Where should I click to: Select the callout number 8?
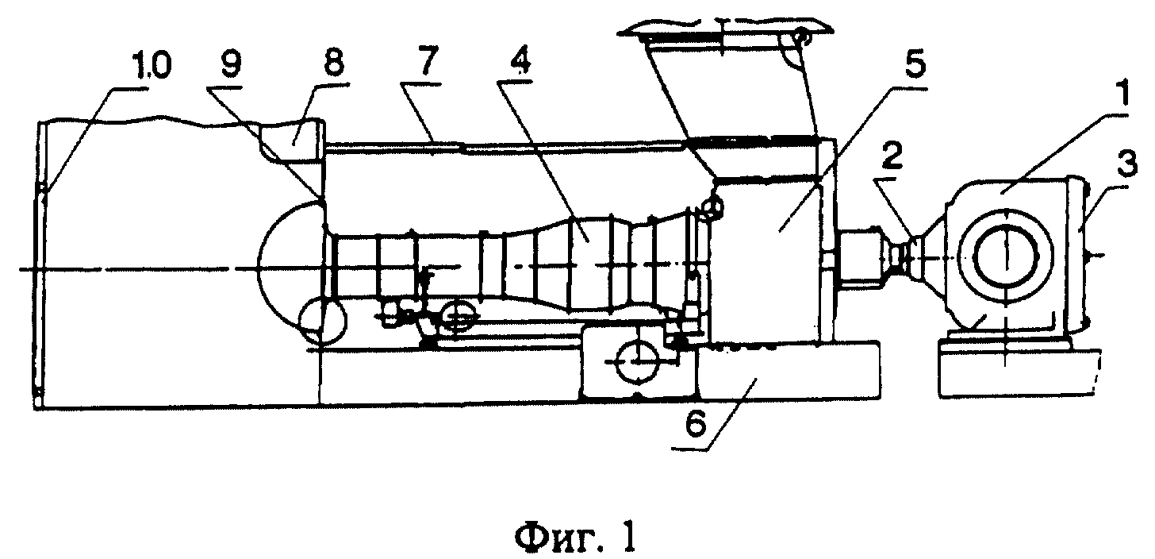coord(333,63)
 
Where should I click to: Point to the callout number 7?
coord(428,61)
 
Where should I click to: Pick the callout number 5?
coord(913,64)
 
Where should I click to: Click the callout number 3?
coord(1126,164)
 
